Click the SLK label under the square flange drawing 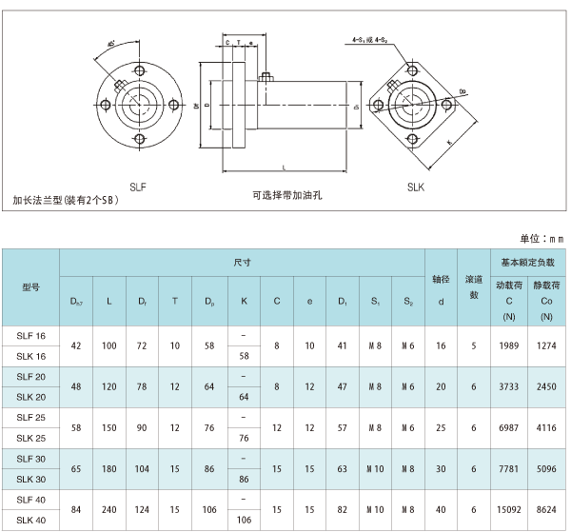(415, 187)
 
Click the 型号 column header (30, 285)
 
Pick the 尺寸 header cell (242, 261)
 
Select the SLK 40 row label (30, 521)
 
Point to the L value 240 (109, 508)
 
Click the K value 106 (245, 521)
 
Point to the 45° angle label (112, 45)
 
